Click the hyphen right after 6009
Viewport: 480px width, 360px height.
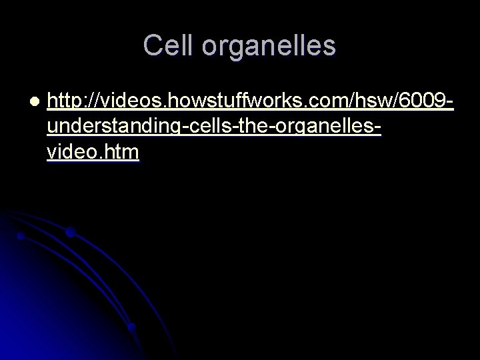[x=452, y=103]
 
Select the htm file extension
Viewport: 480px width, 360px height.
[x=122, y=153]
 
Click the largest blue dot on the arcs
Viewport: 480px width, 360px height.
[x=70, y=233]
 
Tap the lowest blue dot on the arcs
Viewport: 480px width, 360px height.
[x=131, y=327]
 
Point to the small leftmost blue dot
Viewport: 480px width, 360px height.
[x=21, y=235]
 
